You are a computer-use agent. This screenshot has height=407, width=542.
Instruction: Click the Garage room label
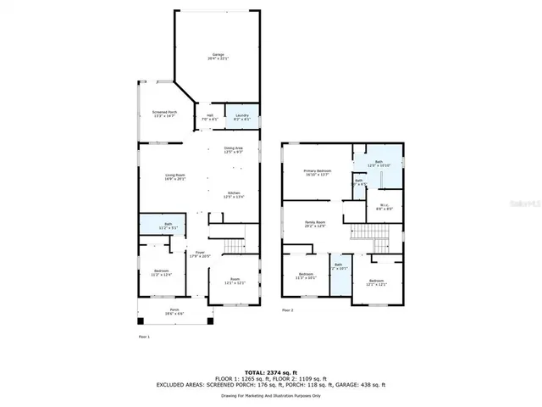pos(220,57)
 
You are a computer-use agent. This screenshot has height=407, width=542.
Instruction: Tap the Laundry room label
pos(241,117)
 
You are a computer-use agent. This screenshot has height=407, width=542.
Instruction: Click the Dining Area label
pos(233,150)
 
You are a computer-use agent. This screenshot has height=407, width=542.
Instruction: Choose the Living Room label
pos(175,177)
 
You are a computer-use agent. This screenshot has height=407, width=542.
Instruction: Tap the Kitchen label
pos(235,194)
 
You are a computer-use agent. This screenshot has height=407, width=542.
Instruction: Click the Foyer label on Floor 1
pos(201,254)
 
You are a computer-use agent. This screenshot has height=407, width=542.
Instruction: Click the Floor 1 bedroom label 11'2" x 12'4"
pos(162,273)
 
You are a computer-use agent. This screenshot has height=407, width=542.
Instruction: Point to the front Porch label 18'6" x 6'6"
pos(174,311)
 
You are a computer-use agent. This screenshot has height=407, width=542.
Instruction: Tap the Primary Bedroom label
pos(318,172)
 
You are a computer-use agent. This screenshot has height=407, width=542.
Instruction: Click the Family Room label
pos(316,225)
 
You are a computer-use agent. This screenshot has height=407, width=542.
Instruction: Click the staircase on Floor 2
pos(366,232)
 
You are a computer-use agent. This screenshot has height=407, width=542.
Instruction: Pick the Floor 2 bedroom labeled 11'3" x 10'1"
pos(306,276)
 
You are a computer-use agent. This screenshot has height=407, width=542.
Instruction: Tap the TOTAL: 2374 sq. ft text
pos(270,372)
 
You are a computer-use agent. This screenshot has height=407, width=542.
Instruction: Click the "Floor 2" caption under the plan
pos(287,311)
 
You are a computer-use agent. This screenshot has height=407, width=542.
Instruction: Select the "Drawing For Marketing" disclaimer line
pos(270,395)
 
